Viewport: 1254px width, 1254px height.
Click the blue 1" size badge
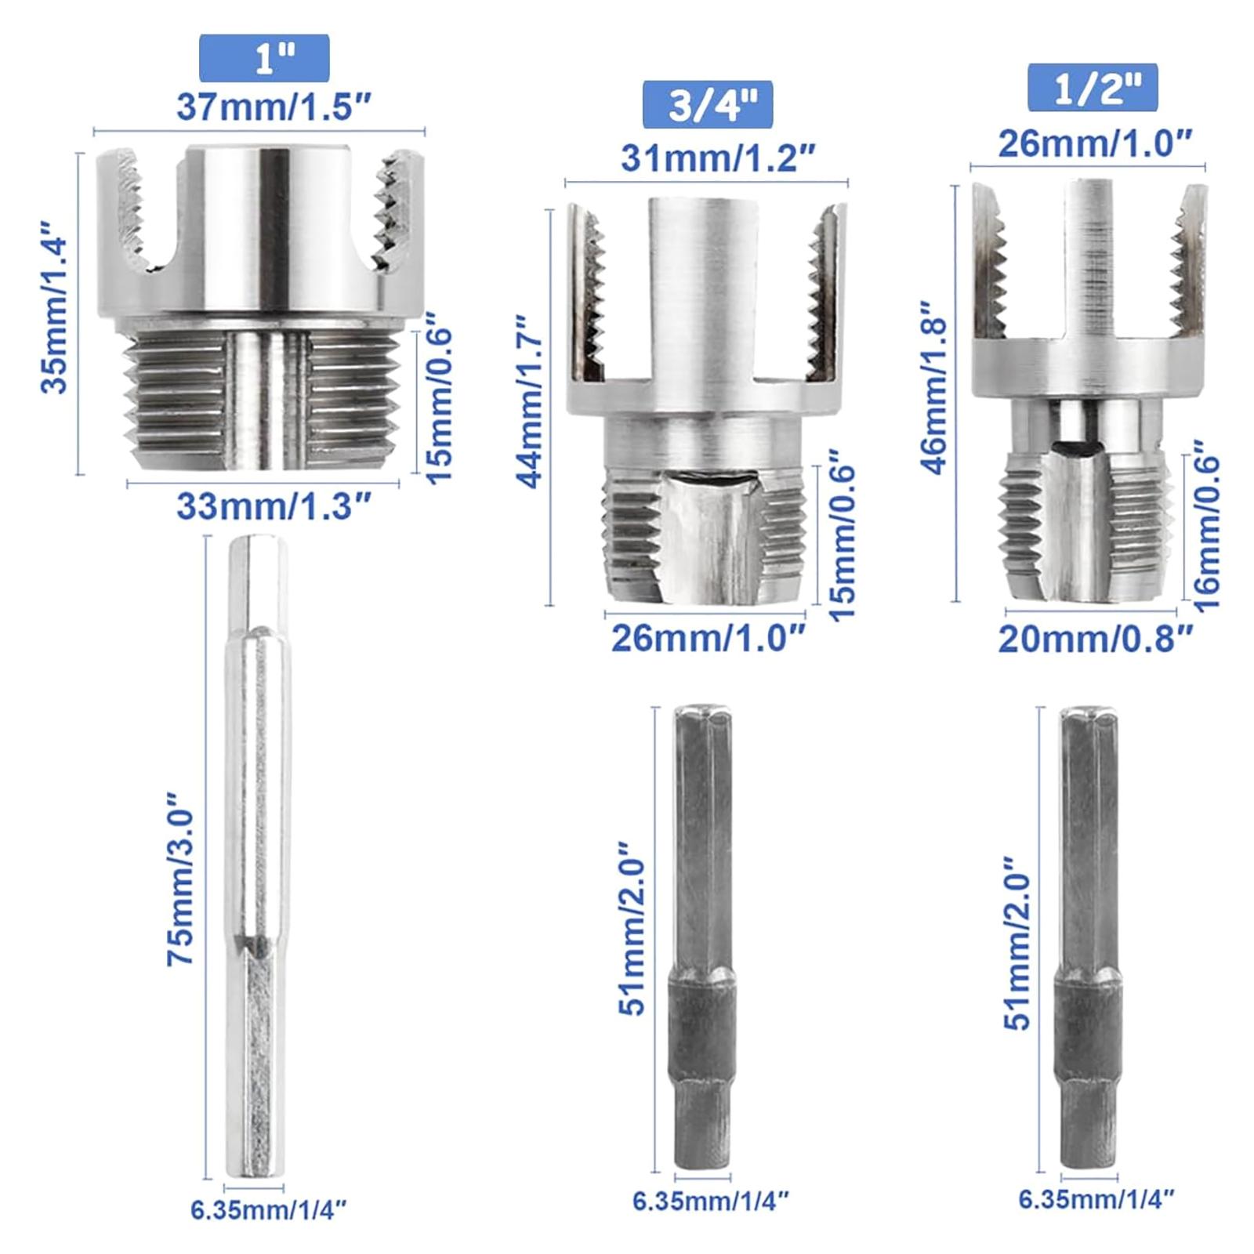264,57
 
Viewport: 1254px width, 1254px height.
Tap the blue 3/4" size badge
708,104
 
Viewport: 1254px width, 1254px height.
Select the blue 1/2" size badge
1093,88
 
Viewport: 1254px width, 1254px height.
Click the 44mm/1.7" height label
531,402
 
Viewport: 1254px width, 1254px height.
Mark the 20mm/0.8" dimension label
1095,639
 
